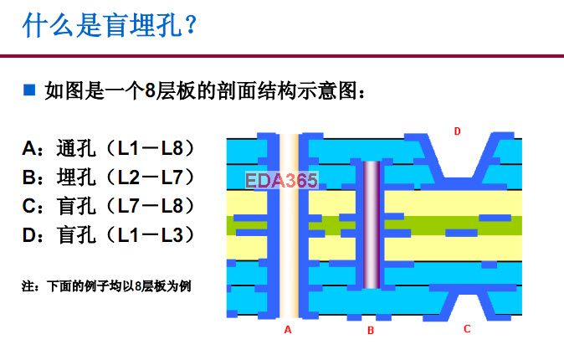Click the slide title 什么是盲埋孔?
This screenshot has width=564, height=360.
pyautogui.click(x=110, y=25)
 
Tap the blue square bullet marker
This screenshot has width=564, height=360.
pyautogui.click(x=29, y=90)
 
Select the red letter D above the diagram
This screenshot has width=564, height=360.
pyautogui.click(x=457, y=131)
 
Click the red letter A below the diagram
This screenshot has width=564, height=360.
pyautogui.click(x=288, y=329)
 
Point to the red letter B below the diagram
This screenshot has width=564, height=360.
pyautogui.click(x=371, y=330)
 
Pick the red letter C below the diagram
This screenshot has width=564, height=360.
pyautogui.click(x=467, y=329)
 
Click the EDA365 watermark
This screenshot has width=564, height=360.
pyautogui.click(x=282, y=180)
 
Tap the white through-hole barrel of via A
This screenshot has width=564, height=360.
pyautogui.click(x=290, y=226)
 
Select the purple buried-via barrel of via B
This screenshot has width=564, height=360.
pyautogui.click(x=372, y=225)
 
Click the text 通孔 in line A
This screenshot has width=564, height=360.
pyautogui.click(x=76, y=148)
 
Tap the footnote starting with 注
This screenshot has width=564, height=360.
pyautogui.click(x=106, y=286)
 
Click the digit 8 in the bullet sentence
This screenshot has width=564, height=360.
pyautogui.click(x=150, y=90)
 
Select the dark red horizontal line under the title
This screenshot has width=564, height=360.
pyautogui.click(x=282, y=56)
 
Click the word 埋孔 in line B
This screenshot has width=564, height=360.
pyautogui.click(x=76, y=177)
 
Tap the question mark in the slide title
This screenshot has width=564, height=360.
pyautogui.click(x=191, y=25)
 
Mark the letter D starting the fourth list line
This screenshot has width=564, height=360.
pyautogui.click(x=28, y=235)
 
